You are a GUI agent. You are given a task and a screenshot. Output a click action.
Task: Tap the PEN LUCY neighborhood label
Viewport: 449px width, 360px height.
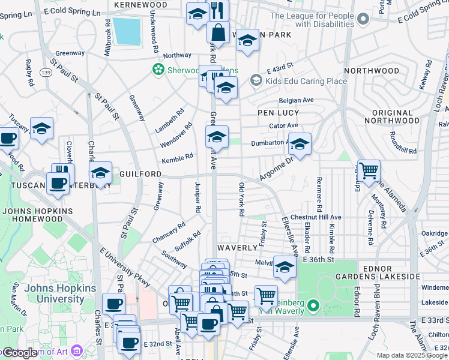click(278, 113)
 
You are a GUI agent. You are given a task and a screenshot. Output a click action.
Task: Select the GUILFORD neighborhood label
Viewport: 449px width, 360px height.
click(140, 173)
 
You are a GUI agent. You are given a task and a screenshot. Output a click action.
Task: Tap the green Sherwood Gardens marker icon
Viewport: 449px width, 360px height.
click(158, 70)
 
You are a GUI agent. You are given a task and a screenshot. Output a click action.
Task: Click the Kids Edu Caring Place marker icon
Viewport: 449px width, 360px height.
click(256, 80)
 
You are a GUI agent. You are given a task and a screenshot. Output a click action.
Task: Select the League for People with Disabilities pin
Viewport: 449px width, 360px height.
click(363, 20)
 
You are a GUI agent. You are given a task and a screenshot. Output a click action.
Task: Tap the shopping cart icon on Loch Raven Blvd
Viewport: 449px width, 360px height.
click(368, 170)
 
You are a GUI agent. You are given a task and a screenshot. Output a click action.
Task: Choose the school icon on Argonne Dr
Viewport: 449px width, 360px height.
click(300, 144)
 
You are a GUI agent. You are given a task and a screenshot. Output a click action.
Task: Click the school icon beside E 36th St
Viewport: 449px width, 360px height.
click(285, 267)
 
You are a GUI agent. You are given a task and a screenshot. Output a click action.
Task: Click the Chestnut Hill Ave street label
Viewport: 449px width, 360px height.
click(316, 217)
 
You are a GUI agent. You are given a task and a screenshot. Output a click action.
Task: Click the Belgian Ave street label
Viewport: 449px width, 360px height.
click(297, 100)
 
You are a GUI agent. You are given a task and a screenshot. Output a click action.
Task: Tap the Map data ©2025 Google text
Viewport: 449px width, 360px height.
click(411, 355)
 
